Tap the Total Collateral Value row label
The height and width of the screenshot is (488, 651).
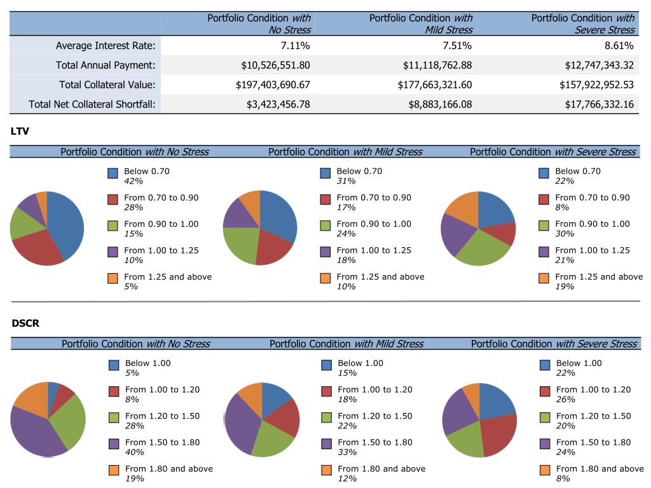(x=107, y=85)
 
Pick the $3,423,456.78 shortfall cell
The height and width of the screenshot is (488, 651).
(x=278, y=105)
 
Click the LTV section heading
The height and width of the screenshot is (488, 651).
(x=20, y=132)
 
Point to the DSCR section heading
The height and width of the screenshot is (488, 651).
(x=25, y=323)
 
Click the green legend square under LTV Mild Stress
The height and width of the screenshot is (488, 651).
(x=325, y=226)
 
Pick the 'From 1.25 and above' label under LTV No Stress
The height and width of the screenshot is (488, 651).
(x=168, y=277)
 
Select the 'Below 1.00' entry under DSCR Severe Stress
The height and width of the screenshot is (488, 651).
(x=578, y=363)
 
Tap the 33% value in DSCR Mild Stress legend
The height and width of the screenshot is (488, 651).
(x=346, y=452)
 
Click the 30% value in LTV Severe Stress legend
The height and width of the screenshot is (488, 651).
(x=564, y=234)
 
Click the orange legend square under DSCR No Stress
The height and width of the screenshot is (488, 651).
(x=114, y=471)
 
